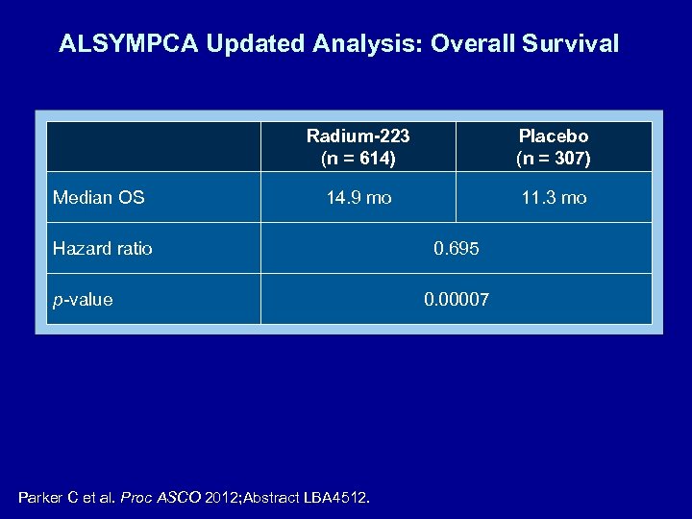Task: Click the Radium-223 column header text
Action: (358, 136)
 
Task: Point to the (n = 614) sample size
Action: (358, 158)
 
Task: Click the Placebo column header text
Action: (554, 136)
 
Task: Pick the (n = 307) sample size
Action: (554, 158)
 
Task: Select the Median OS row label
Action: (98, 198)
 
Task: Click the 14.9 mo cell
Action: (358, 198)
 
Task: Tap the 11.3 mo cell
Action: (554, 198)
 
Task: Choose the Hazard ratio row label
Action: (102, 249)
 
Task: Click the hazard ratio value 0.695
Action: (457, 249)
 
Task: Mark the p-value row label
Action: (83, 300)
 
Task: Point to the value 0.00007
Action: (457, 300)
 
